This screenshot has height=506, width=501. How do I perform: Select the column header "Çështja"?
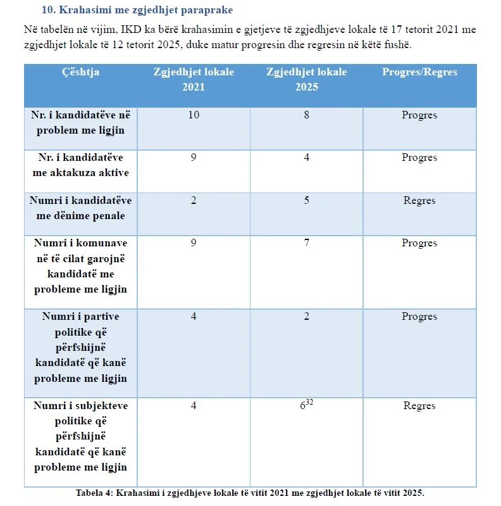(x=80, y=72)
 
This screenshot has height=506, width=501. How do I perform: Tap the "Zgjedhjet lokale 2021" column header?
(x=194, y=79)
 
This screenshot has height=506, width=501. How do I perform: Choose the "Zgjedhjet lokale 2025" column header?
(x=307, y=79)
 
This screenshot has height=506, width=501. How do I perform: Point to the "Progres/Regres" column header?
(x=419, y=72)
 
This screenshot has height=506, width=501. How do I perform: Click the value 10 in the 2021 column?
(x=194, y=115)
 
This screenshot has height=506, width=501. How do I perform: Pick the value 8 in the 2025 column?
(x=307, y=115)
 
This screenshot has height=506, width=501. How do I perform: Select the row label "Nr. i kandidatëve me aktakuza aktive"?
(x=80, y=165)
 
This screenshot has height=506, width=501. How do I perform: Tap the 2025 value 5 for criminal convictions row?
(x=307, y=201)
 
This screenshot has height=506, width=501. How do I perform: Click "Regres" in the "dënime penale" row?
(x=419, y=201)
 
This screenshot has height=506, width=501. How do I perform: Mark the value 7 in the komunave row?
(x=307, y=243)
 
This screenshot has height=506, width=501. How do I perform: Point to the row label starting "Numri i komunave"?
(x=80, y=266)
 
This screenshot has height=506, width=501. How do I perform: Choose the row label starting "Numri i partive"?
(x=80, y=347)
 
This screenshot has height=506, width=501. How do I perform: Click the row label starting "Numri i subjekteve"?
(x=80, y=436)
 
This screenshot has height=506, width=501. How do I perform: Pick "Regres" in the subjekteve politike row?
(x=419, y=406)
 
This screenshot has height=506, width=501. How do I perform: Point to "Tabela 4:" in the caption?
(x=95, y=493)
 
